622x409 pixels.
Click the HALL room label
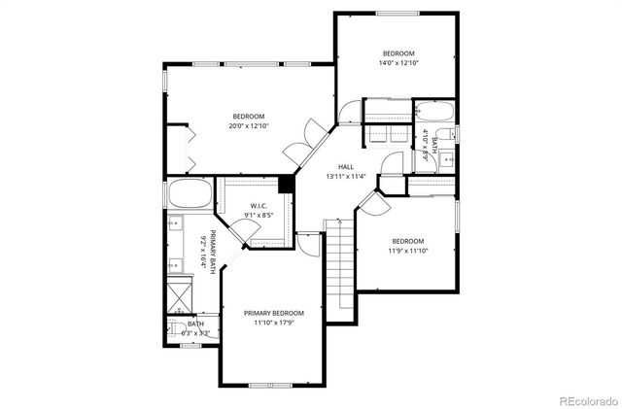point(345,166)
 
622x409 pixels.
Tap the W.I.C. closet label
point(258,206)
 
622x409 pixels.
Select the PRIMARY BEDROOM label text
point(273,313)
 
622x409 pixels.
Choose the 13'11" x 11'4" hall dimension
point(345,177)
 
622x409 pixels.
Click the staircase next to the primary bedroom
point(336,267)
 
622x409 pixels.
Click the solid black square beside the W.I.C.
point(287,185)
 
